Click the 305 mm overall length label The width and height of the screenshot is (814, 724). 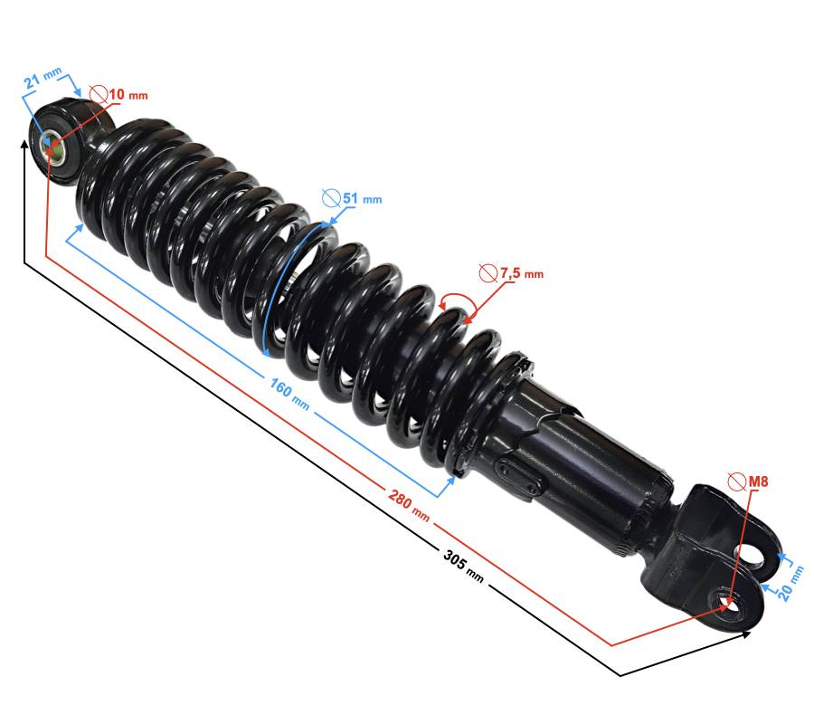464,566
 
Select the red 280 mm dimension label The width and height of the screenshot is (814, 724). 409,504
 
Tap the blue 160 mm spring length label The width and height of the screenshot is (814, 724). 289,394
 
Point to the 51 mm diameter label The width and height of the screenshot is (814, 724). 363,198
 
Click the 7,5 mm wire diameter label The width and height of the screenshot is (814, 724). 522,273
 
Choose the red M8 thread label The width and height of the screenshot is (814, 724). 758,481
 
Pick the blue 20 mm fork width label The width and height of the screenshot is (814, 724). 790,583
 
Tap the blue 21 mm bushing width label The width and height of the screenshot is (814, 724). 43,77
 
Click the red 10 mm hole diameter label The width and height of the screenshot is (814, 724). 128,94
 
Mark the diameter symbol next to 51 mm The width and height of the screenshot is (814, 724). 331,198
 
